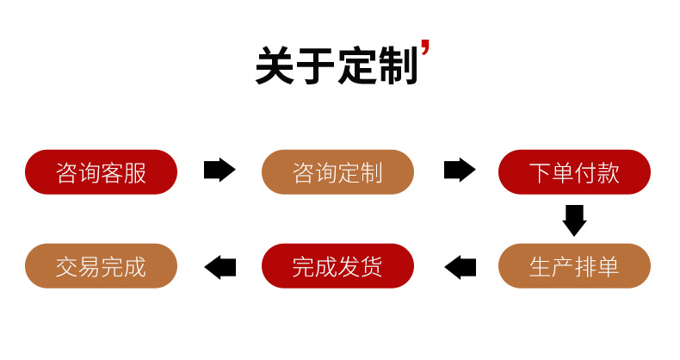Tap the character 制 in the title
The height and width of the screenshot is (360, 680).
tap(397, 65)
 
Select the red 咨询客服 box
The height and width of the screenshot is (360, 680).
tap(102, 171)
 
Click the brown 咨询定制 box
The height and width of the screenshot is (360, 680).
tap(337, 171)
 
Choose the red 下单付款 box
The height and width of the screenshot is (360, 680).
tap(574, 171)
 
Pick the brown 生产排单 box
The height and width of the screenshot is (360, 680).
tap(574, 266)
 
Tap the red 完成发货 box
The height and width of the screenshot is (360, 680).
tap(337, 266)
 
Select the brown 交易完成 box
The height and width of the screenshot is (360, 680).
tap(102, 266)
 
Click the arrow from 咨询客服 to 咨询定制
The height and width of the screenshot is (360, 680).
tap(219, 171)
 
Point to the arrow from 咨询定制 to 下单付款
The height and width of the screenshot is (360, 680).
tap(459, 171)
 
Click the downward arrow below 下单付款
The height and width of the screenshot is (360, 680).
tap(574, 220)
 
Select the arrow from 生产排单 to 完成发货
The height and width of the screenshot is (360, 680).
tap(460, 267)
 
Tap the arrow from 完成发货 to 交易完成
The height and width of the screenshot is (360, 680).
tap(219, 267)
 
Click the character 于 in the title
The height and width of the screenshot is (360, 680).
tap(316, 65)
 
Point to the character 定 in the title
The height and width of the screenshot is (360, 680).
tap(356, 65)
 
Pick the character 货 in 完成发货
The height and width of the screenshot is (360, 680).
tap(372, 267)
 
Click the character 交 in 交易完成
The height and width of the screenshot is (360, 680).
tap(67, 267)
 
